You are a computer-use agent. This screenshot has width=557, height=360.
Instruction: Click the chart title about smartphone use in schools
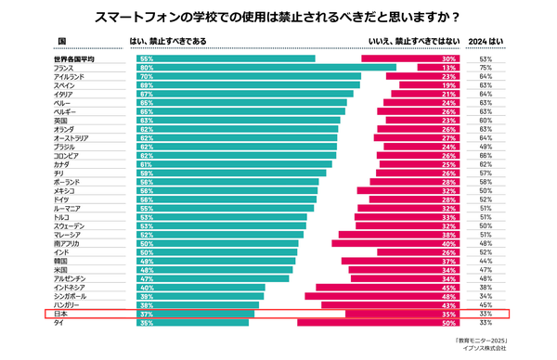point(278,18)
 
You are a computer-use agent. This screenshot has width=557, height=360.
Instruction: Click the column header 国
point(62,42)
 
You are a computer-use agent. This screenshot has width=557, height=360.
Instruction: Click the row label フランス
point(64,68)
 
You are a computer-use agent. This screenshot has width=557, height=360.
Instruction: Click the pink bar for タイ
point(381,323)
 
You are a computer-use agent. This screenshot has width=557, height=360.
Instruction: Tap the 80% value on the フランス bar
point(146,68)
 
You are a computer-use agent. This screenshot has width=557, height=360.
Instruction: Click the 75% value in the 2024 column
point(485,68)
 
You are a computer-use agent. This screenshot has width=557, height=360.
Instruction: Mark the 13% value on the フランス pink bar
point(447,68)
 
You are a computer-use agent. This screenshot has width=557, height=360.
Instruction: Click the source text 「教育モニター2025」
point(482,341)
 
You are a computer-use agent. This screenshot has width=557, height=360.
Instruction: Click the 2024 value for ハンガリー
point(485,305)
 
